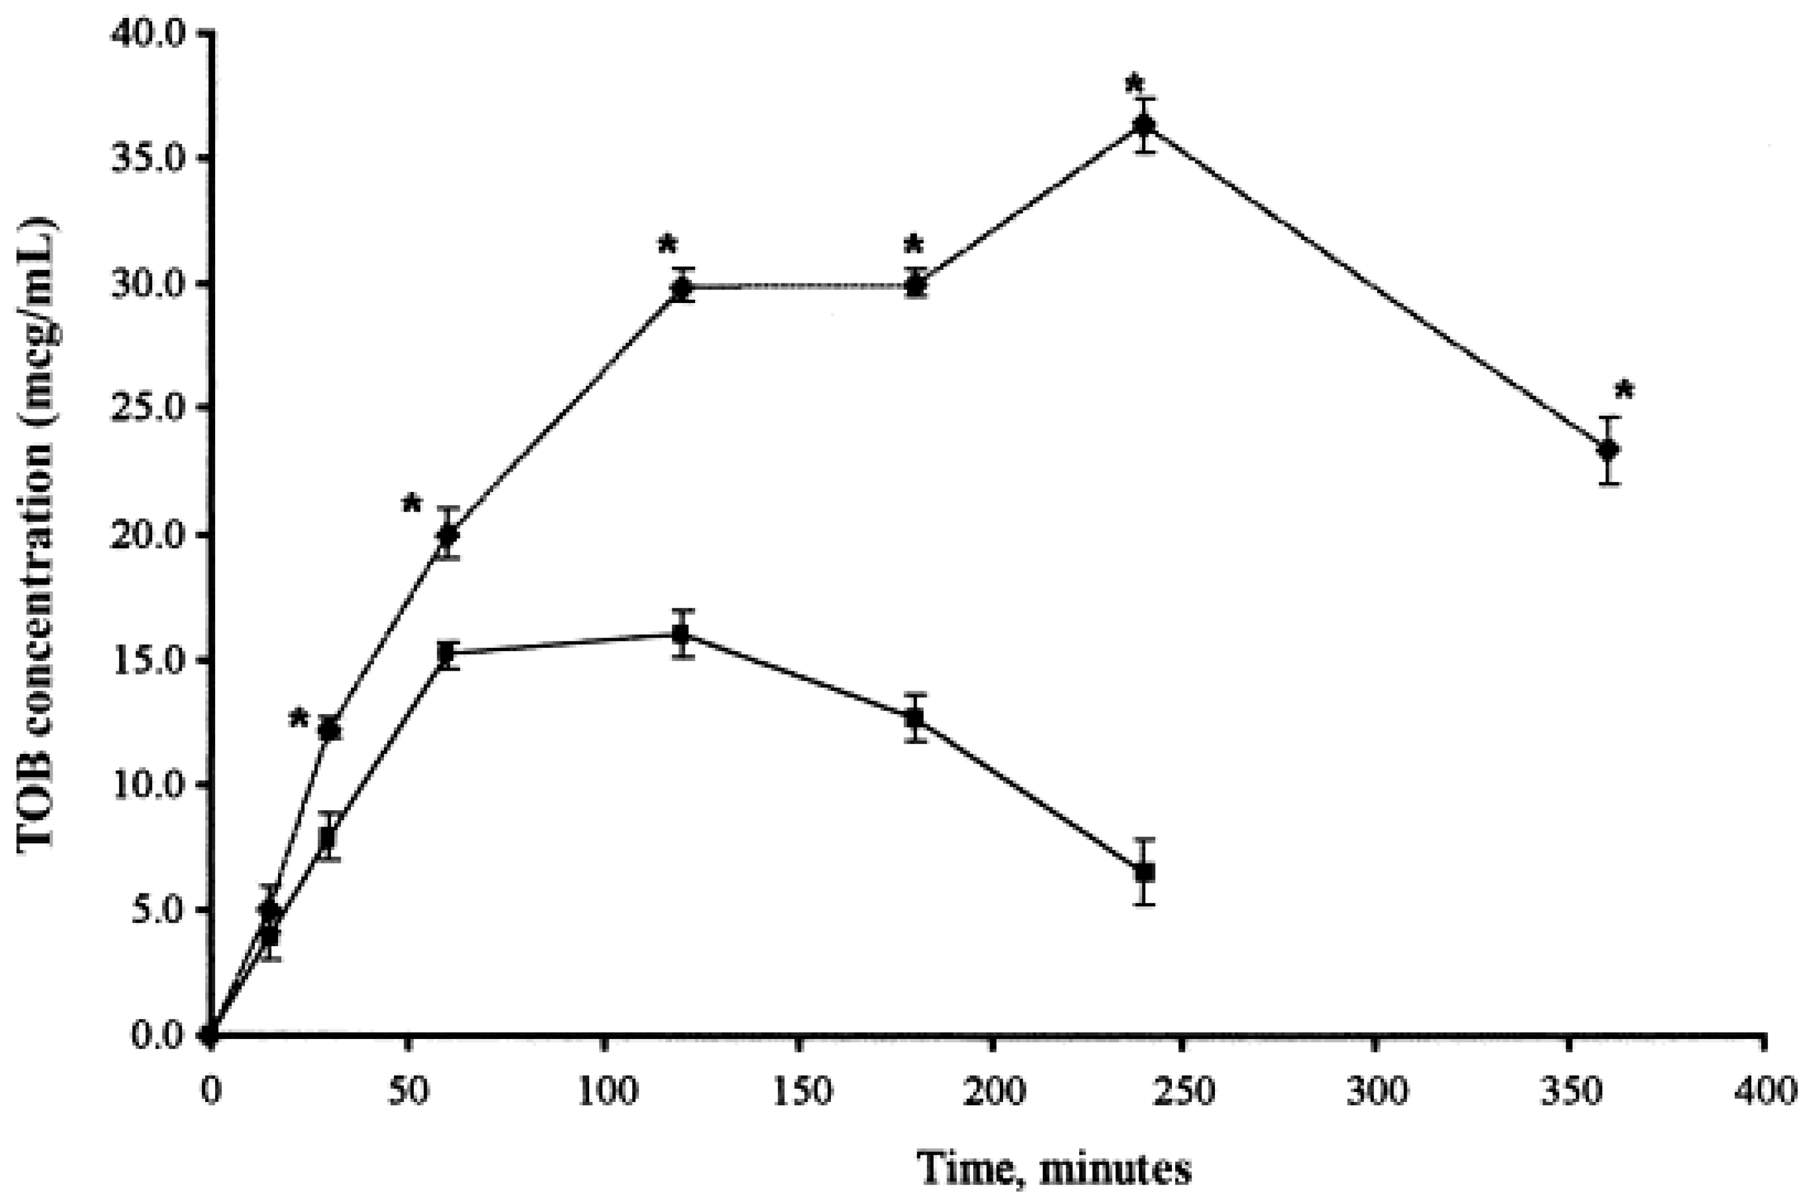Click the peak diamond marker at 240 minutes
pyautogui.click(x=1145, y=125)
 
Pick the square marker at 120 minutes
pyautogui.click(x=680, y=634)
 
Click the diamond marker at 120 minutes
pyautogui.click(x=681, y=288)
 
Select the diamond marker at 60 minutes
pyautogui.click(x=448, y=535)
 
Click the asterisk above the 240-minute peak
pyautogui.click(x=1134, y=84)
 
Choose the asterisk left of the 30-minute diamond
pyautogui.click(x=299, y=720)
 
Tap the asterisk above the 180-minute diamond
pyautogui.click(x=913, y=246)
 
